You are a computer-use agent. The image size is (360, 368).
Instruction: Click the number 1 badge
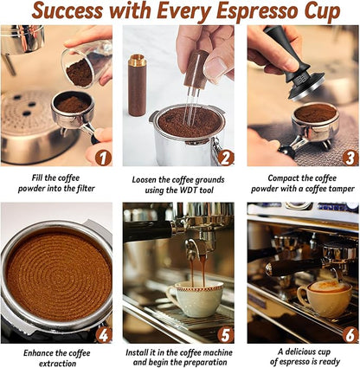coord(103,157)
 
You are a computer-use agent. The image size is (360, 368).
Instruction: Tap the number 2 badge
coord(226,157)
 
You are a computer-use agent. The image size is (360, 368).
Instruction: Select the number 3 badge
coord(350,157)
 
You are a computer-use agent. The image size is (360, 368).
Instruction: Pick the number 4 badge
coord(103,334)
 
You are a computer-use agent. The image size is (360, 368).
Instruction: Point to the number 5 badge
coord(226,334)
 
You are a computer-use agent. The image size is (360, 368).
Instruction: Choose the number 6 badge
coord(350,334)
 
